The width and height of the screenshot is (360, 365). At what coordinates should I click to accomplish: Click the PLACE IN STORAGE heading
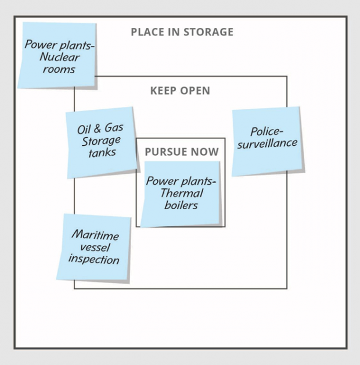tap(182, 31)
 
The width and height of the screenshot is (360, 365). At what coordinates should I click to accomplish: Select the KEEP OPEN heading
tap(180, 91)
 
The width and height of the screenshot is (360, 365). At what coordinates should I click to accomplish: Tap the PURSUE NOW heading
tap(182, 152)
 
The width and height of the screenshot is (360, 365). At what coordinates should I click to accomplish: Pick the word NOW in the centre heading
tap(207, 152)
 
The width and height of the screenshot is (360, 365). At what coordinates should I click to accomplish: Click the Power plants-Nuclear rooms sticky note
tap(56, 55)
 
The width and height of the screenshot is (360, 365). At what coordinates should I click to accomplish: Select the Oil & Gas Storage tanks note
tap(101, 142)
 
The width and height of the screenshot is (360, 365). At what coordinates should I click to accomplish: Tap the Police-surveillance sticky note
tap(267, 140)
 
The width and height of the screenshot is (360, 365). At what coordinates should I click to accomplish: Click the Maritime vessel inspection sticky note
tap(94, 248)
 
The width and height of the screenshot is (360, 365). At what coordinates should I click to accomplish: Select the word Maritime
tap(95, 235)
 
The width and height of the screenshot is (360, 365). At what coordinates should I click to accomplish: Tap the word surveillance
tap(267, 143)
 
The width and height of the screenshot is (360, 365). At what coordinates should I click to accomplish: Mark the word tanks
tap(102, 153)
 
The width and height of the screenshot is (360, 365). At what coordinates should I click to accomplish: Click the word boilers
tap(181, 205)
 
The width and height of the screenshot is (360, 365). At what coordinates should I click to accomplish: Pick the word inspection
tap(93, 259)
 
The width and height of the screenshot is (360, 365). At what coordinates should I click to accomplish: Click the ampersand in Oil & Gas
tap(99, 128)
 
